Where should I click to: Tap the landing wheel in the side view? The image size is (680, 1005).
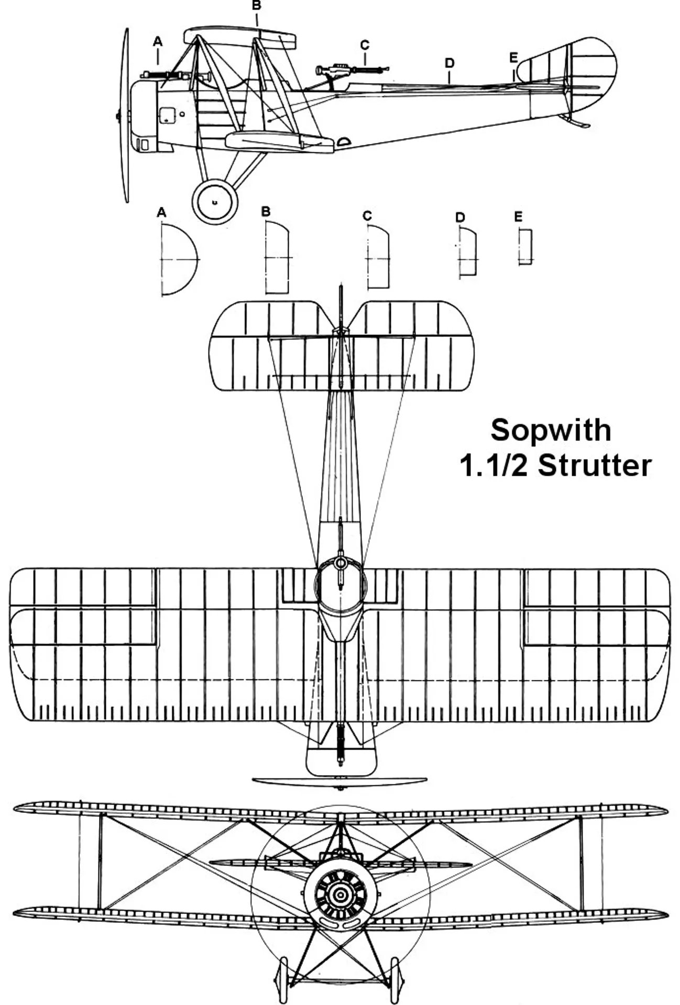coord(215,201)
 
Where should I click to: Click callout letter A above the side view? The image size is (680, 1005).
coord(158,42)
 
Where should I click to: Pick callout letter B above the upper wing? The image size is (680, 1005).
coord(256,6)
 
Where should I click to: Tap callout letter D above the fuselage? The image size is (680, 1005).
coord(449,63)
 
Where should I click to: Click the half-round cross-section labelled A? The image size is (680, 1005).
coord(178,260)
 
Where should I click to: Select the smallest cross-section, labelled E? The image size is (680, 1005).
coord(525,246)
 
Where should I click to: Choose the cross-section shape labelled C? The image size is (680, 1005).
coord(378,258)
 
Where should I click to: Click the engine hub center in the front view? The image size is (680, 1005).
coord(341,897)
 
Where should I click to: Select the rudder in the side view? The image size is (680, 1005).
coord(592,73)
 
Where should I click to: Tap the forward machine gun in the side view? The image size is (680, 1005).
coord(162,75)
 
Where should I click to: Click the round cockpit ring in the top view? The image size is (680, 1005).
coord(341,564)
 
